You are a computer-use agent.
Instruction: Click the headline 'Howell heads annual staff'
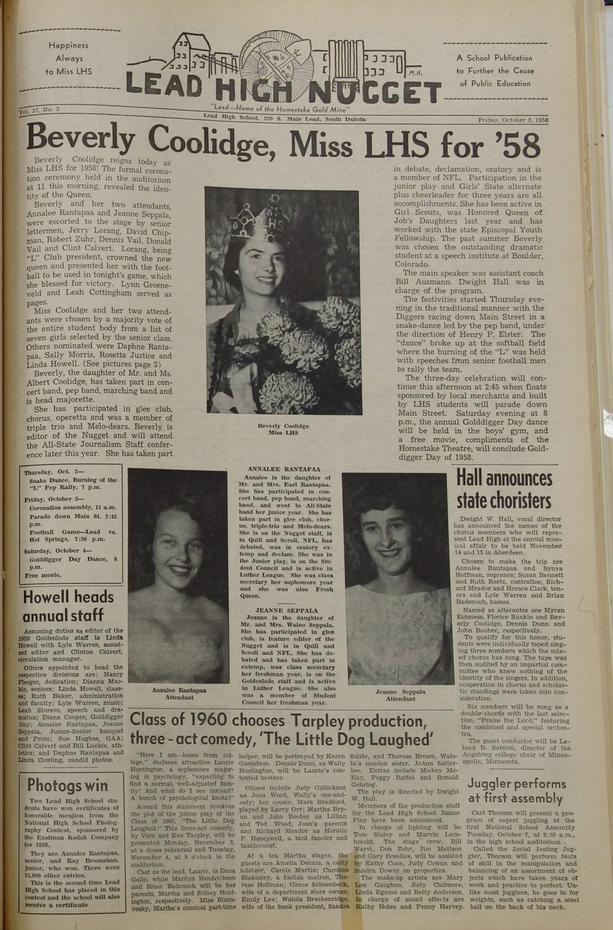[x=68, y=606]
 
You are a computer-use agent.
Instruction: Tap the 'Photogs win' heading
[x=67, y=785]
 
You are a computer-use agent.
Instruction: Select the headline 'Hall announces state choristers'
[x=504, y=490]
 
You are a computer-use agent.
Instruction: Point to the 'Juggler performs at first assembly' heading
[x=516, y=791]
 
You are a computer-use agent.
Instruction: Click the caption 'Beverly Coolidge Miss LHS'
[x=283, y=429]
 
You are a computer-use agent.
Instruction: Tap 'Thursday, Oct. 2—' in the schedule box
[x=49, y=472]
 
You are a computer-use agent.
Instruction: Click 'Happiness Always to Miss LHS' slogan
[x=68, y=58]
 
